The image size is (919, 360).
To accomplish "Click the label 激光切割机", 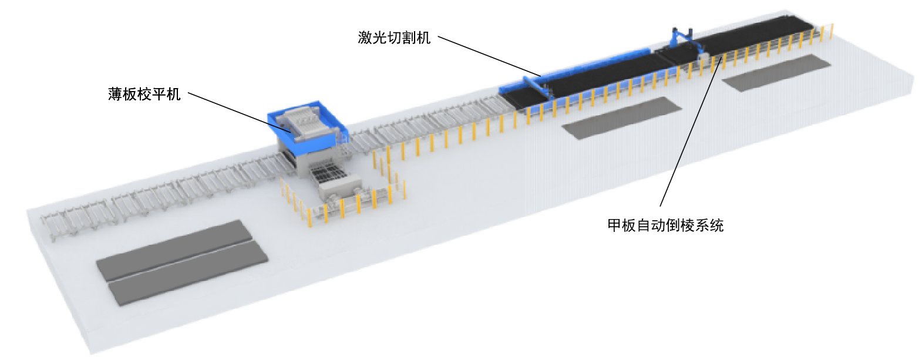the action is tap(394, 38).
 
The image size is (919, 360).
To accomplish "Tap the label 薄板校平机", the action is tap(144, 95).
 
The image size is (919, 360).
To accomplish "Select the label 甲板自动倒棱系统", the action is tap(665, 226).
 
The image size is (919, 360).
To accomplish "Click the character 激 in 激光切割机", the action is tap(365, 38).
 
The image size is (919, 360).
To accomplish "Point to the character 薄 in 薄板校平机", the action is tap(115, 95).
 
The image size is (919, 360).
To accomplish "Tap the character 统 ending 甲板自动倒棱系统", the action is tap(717, 226).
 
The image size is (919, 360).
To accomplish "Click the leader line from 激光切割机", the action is tap(489, 56).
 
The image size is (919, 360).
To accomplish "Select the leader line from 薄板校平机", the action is tap(240, 113).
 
